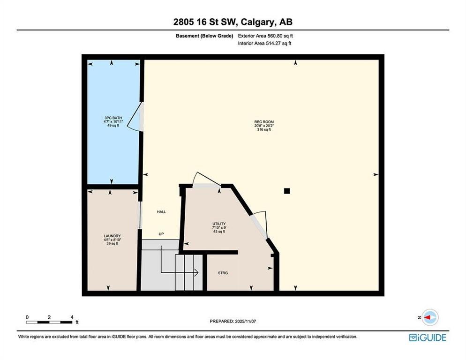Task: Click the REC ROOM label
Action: click(x=264, y=122)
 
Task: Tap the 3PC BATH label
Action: click(x=113, y=118)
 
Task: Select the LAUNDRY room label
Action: click(x=113, y=236)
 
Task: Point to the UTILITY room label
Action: click(x=219, y=224)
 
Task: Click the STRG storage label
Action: click(x=223, y=273)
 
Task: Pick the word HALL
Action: click(x=161, y=212)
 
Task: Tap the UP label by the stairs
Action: click(x=161, y=234)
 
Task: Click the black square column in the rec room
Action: click(x=287, y=191)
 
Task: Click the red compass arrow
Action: click(x=427, y=317)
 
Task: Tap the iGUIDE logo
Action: click(x=428, y=337)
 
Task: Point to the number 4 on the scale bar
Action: click(x=72, y=317)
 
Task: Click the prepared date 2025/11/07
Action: click(x=245, y=322)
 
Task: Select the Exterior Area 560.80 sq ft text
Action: click(x=265, y=36)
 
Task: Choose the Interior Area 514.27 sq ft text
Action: click(x=264, y=43)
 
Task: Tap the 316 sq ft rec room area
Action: click(x=264, y=130)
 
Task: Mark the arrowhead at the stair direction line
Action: click(x=196, y=272)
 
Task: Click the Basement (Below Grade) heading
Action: click(x=204, y=36)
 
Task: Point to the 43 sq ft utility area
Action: click(x=219, y=232)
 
